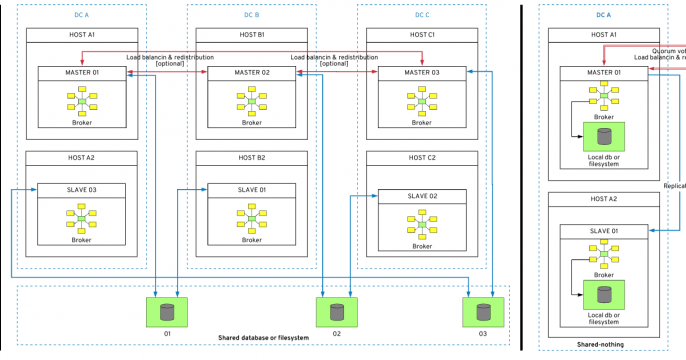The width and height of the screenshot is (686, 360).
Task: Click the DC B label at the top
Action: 251,14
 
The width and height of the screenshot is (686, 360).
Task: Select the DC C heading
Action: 424,14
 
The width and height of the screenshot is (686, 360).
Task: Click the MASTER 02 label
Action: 251,73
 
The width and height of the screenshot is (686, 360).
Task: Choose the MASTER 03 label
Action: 422,73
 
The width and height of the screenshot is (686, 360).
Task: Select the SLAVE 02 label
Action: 422,196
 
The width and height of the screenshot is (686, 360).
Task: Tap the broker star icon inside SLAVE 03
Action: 81,218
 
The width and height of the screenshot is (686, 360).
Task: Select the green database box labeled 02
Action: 337,311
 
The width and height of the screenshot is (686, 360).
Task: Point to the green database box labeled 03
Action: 480,311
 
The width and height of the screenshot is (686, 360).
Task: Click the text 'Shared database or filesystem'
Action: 263,338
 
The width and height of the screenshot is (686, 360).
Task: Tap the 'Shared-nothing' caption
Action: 603,345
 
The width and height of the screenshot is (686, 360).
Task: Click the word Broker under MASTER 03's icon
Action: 422,123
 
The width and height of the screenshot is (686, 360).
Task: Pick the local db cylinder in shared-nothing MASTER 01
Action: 603,135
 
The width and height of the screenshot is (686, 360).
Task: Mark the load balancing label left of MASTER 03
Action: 334,60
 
